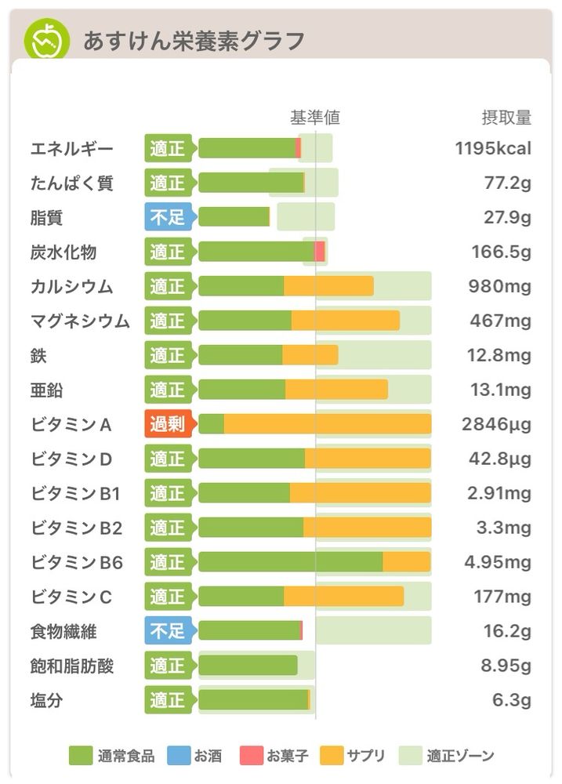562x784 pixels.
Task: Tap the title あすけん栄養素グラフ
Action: point(194,41)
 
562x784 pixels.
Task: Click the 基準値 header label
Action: point(315,118)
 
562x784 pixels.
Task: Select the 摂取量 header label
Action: point(506,118)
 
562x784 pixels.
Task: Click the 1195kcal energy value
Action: point(493,148)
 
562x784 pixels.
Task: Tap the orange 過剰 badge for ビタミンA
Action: point(168,424)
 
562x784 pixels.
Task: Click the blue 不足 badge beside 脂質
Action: point(168,217)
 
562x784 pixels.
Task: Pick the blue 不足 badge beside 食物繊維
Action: point(168,630)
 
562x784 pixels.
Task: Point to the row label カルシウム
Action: point(71,286)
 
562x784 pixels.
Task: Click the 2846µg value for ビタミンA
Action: point(496,424)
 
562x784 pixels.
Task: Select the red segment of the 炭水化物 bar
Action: point(320,252)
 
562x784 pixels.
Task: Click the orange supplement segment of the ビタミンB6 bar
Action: point(407,562)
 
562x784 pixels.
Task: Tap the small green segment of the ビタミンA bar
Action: point(212,424)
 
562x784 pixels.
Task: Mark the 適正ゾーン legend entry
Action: point(447,756)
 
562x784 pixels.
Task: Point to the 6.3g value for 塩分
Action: point(512,699)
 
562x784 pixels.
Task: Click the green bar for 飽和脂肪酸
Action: point(248,665)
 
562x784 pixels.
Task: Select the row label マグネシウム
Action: point(80,321)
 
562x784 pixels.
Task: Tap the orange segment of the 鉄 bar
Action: point(310,355)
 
